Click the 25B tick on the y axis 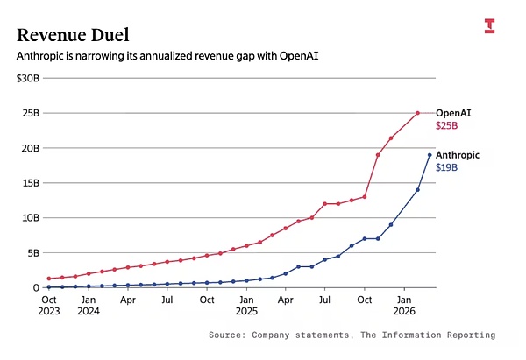pos(31,113)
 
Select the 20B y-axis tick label pos(31,148)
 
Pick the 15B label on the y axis pos(31,182)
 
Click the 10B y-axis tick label pos(31,217)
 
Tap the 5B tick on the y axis pos(33,252)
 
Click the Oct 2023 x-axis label pos(49,306)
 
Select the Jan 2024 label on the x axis pos(89,306)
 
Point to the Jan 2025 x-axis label pos(246,306)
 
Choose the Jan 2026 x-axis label pos(404,306)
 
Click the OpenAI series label pos(453,113)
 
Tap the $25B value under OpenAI pos(446,126)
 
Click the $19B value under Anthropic pos(446,167)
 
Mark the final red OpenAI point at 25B pos(417,113)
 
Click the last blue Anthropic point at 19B pos(430,155)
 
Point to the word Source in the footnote pos(227,335)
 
